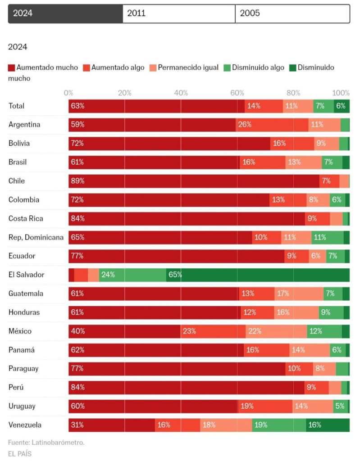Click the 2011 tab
pyautogui.click(x=179, y=14)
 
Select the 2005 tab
pyautogui.click(x=292, y=14)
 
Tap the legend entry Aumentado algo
pyautogui.click(x=114, y=68)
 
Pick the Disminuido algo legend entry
pyautogui.click(x=255, y=68)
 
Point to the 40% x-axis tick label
pyautogui.click(x=181, y=93)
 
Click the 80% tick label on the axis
pyautogui.click(x=293, y=93)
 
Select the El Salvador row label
pyautogui.click(x=27, y=275)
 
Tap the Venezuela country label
pyautogui.click(x=25, y=425)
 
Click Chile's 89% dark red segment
pyautogui.click(x=194, y=181)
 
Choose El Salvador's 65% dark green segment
pyautogui.click(x=258, y=275)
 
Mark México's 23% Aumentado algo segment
pyautogui.click(x=213, y=331)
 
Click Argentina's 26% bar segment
pyautogui.click(x=272, y=125)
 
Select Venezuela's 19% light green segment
pyautogui.click(x=279, y=425)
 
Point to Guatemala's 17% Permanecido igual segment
pyautogui.click(x=299, y=294)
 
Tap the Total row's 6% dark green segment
pyautogui.click(x=342, y=106)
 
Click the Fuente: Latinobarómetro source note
pyautogui.click(x=46, y=443)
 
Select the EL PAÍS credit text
pyautogui.click(x=20, y=454)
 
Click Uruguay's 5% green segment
pyautogui.click(x=340, y=406)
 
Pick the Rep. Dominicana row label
pyautogui.click(x=36, y=237)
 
